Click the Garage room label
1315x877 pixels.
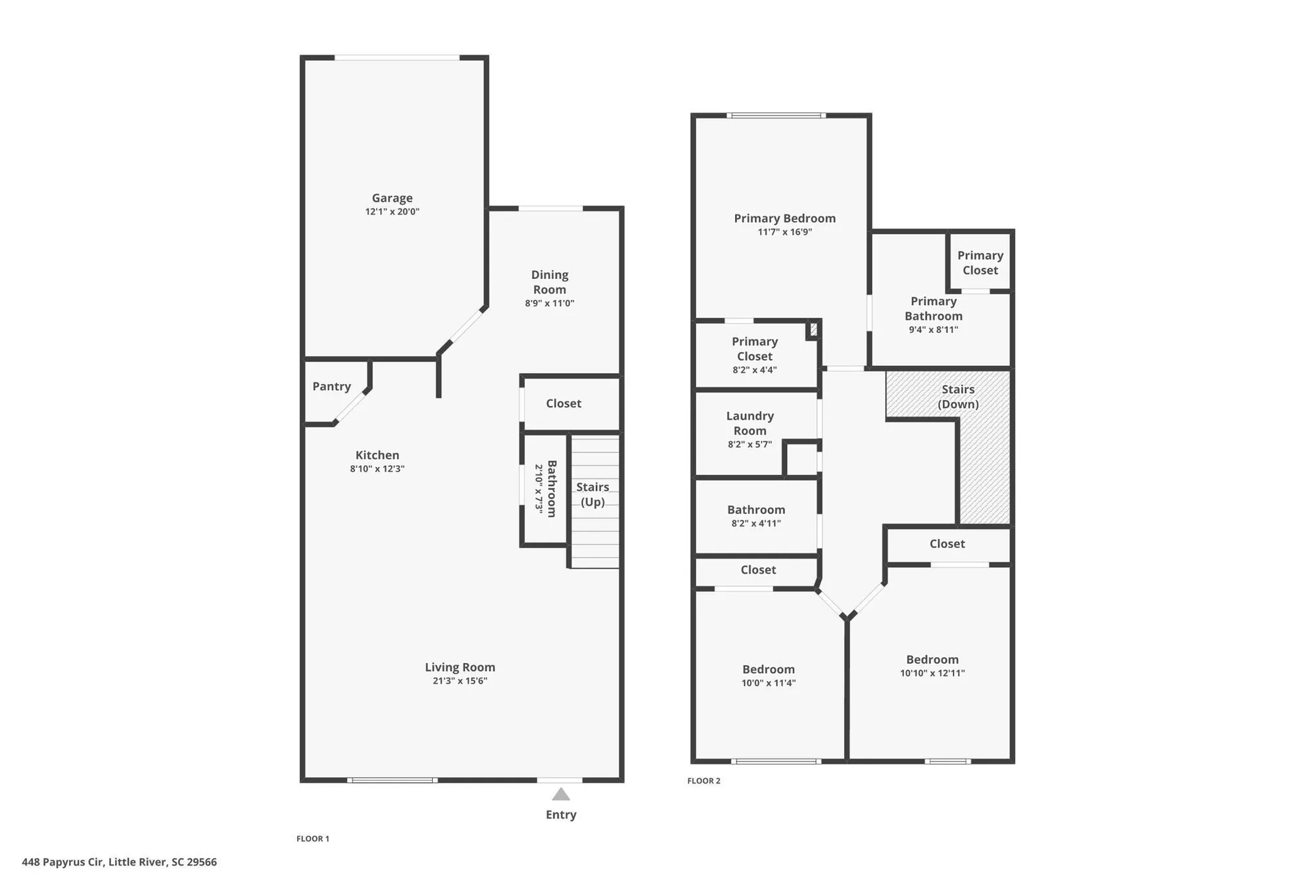(x=393, y=198)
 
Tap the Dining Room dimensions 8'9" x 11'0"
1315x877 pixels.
(x=550, y=303)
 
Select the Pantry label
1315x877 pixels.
(x=331, y=386)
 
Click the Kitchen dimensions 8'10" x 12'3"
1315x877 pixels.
(x=377, y=469)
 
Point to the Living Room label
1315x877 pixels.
(x=460, y=667)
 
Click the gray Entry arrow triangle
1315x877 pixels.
(x=561, y=795)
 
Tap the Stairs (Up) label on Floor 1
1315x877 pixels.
(x=592, y=494)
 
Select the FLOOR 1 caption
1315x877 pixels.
(x=313, y=838)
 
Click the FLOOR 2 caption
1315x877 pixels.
(x=704, y=781)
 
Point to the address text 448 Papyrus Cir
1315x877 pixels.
(x=62, y=862)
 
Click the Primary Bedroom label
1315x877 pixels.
(x=784, y=218)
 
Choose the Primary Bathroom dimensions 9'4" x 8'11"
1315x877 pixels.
(x=933, y=330)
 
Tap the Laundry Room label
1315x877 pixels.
(x=750, y=423)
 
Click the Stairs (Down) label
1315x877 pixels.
(x=958, y=397)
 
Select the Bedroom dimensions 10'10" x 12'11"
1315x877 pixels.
(x=932, y=673)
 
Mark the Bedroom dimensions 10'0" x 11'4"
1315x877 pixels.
(x=769, y=683)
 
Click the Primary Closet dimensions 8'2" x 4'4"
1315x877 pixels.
(x=754, y=370)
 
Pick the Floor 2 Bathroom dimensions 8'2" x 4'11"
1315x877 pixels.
(x=756, y=524)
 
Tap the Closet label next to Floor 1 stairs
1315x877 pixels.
(x=563, y=403)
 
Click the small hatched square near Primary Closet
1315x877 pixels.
(x=813, y=329)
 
